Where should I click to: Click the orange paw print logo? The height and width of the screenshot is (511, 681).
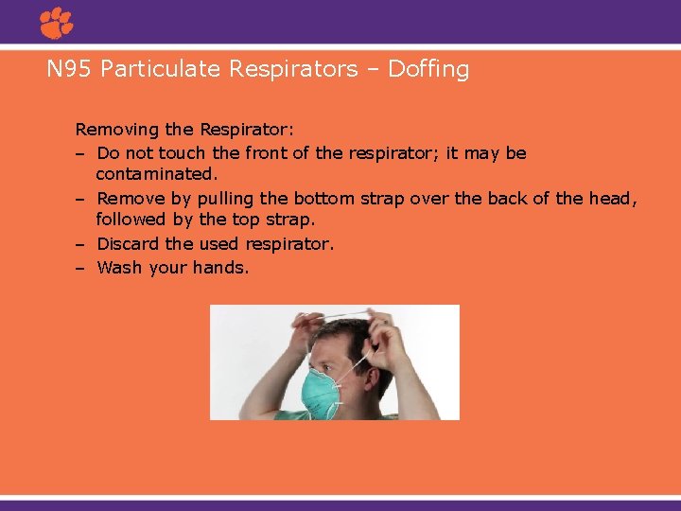click(x=57, y=22)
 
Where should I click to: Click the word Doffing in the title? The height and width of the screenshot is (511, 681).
click(x=428, y=69)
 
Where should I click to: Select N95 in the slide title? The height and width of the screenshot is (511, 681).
click(x=69, y=69)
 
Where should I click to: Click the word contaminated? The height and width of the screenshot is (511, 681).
click(x=156, y=175)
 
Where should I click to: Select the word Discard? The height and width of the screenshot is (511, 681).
click(x=128, y=244)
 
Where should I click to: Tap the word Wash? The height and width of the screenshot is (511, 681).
click(x=119, y=268)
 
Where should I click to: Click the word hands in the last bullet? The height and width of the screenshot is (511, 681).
click(x=220, y=268)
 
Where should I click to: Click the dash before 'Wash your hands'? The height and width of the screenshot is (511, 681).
click(x=81, y=268)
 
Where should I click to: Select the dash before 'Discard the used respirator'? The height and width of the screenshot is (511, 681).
click(x=81, y=244)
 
